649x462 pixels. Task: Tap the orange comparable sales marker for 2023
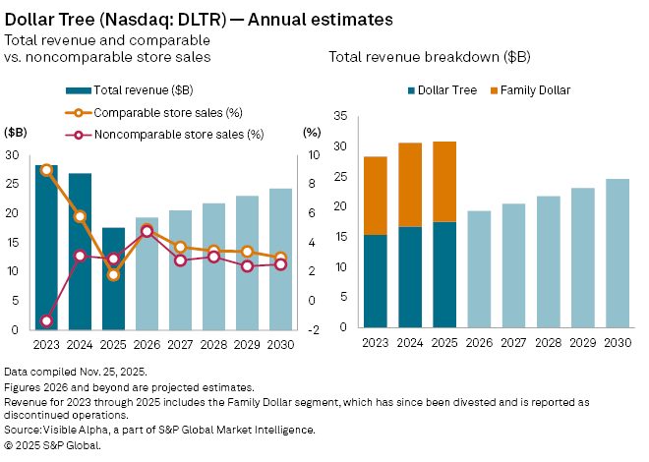click(x=46, y=169)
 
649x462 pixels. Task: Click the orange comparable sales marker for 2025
click(x=114, y=275)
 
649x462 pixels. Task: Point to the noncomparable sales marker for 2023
click(x=46, y=321)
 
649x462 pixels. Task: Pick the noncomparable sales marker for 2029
click(x=248, y=266)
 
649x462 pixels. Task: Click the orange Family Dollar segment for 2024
click(x=410, y=185)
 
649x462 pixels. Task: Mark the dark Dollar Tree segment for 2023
click(x=376, y=280)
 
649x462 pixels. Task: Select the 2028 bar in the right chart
click(x=548, y=261)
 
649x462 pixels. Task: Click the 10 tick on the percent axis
click(x=308, y=155)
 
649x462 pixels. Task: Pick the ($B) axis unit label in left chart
click(x=16, y=131)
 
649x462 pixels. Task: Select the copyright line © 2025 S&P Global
click(x=53, y=445)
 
